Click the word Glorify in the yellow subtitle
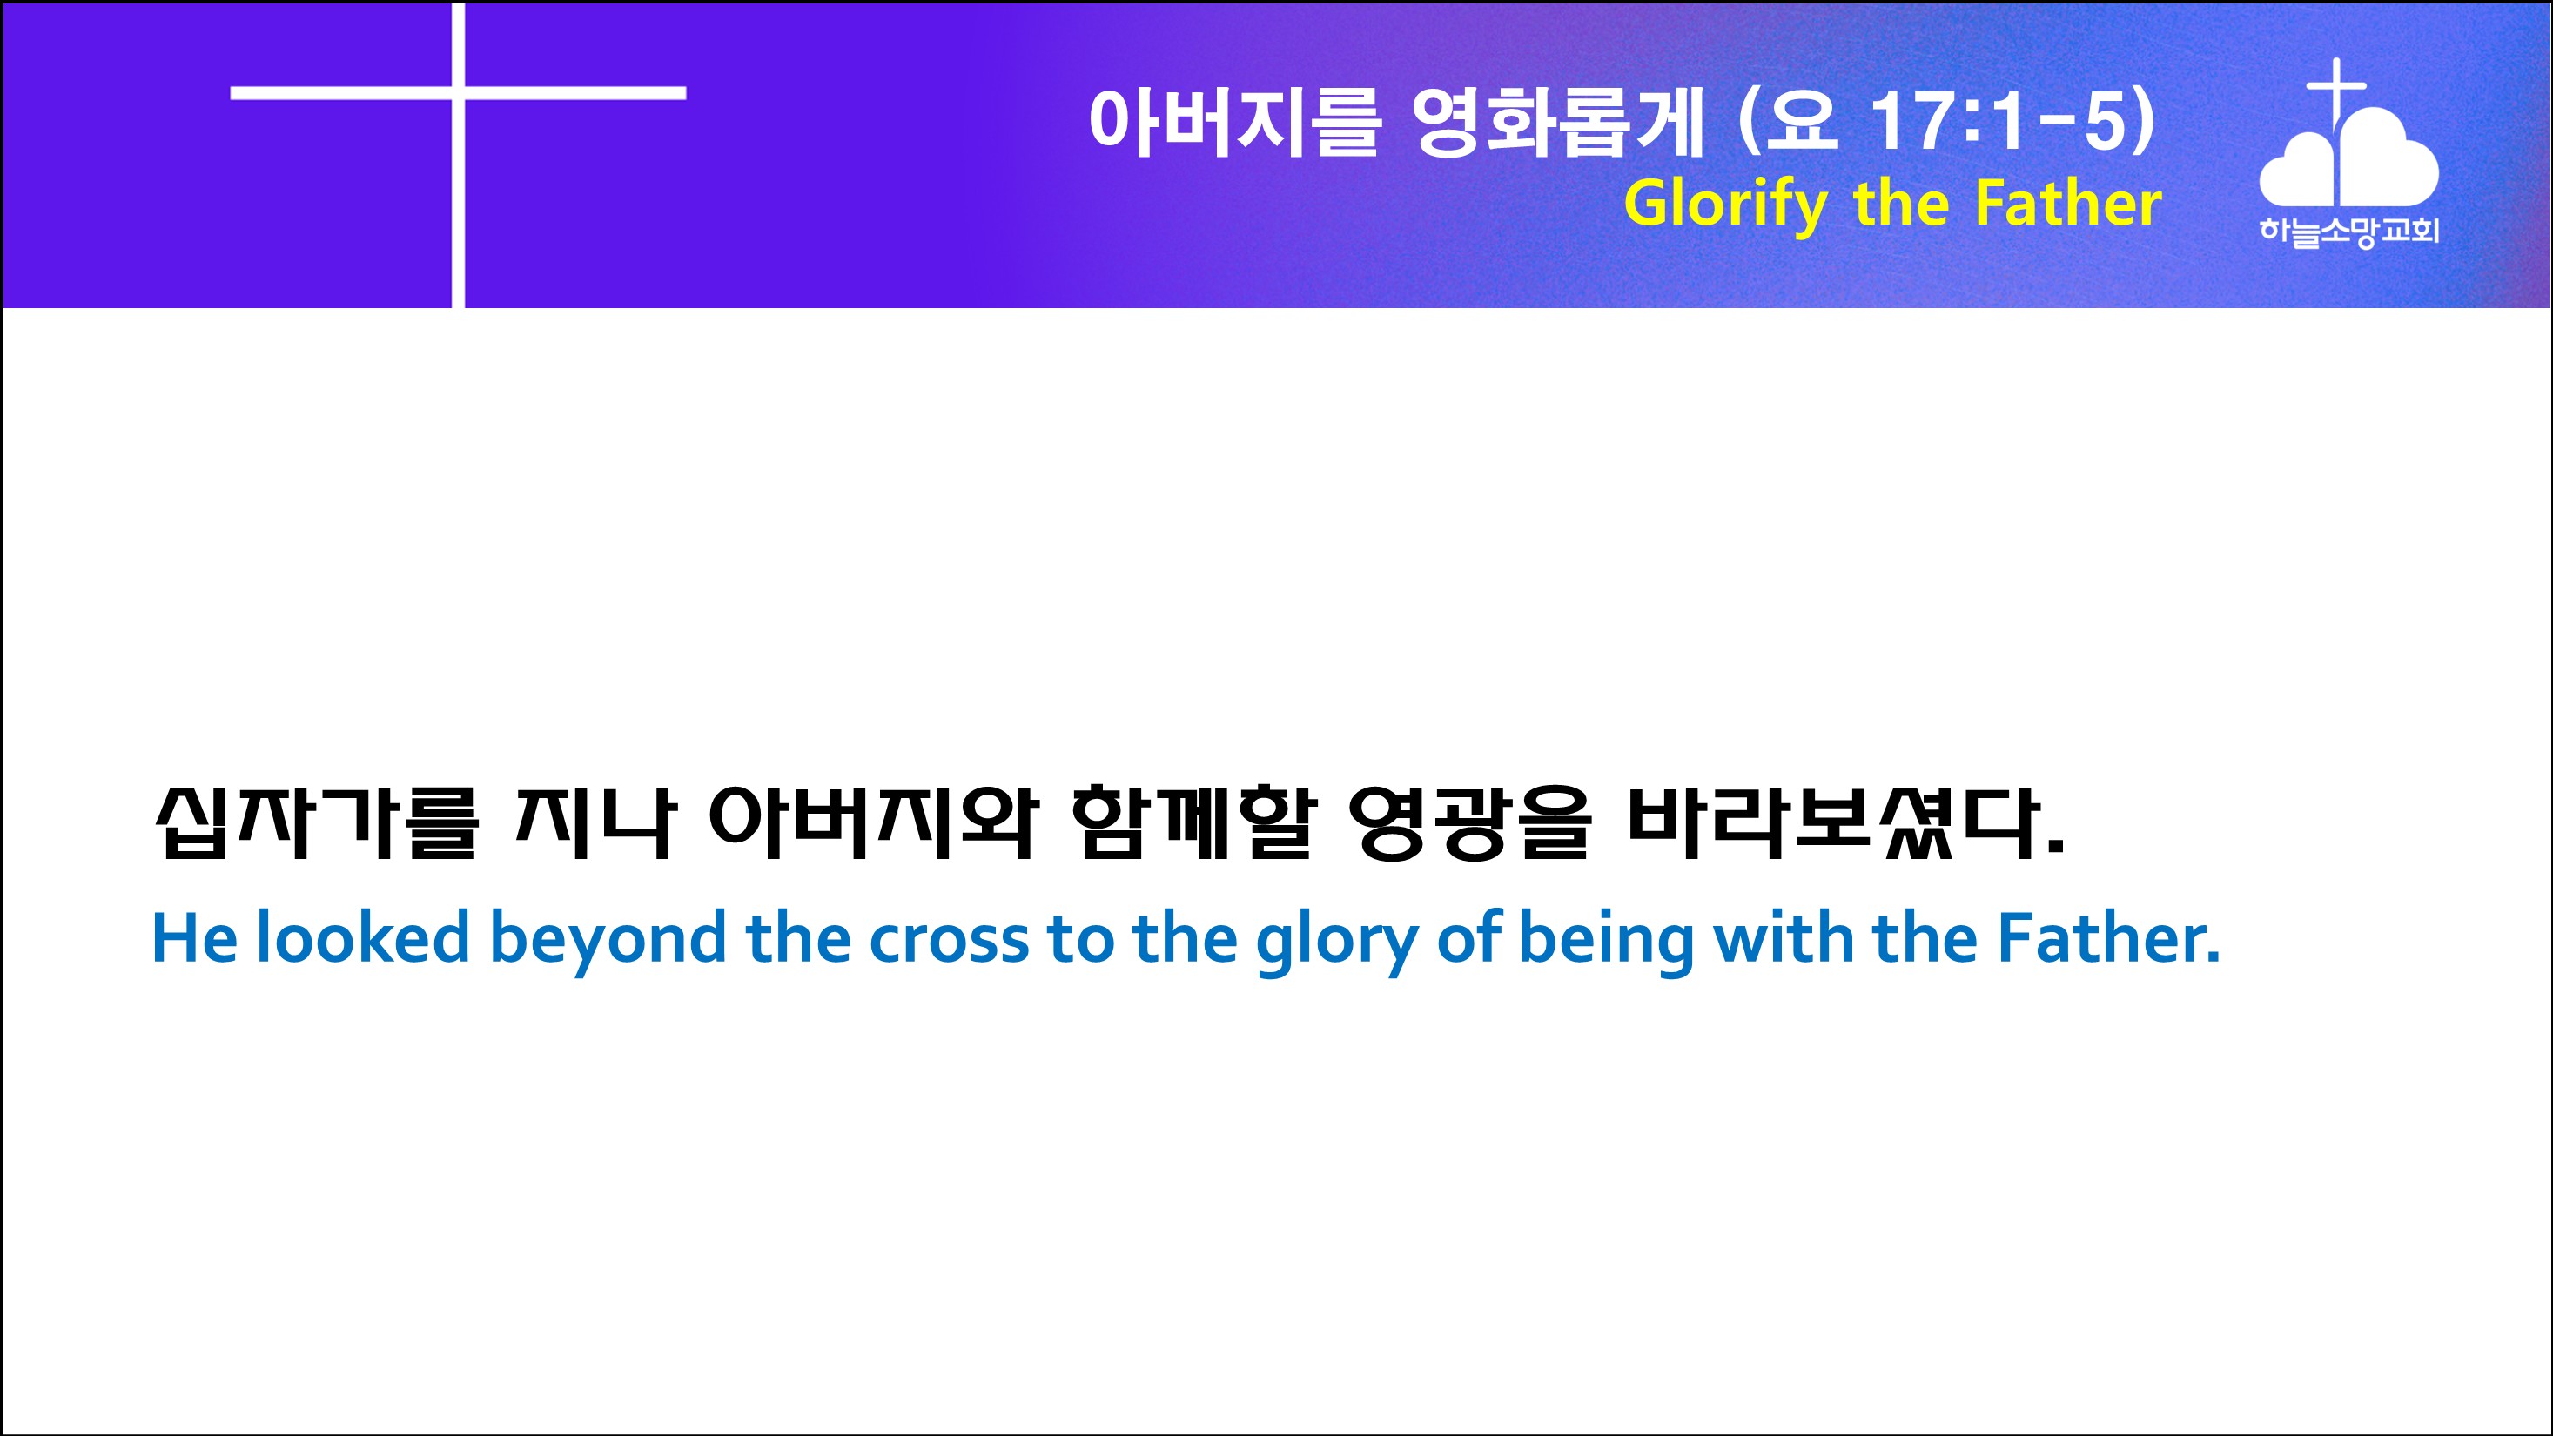1725,205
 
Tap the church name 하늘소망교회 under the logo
2348,232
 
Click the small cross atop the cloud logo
2337,88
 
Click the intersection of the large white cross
458,93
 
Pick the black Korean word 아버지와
874,822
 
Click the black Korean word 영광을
1471,822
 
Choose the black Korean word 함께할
1195,822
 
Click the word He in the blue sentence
194,937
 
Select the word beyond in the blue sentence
608,942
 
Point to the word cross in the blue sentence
950,942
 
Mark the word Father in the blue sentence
2107,937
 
